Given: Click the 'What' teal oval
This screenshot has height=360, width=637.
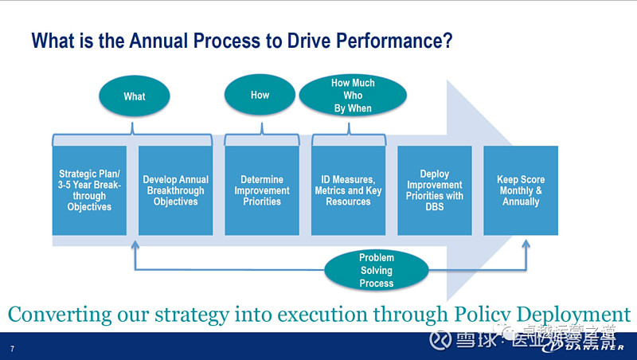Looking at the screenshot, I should coord(134,96).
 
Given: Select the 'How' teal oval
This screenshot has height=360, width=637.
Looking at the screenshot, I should coord(260,95).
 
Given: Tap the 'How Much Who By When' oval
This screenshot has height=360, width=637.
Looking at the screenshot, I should coord(352,96).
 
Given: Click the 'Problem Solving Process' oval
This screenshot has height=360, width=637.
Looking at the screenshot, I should coord(376,270).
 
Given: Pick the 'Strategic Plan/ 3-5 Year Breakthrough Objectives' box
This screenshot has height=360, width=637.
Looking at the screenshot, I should coord(89,190).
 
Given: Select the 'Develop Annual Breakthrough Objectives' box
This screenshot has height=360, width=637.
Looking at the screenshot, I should coord(175,190).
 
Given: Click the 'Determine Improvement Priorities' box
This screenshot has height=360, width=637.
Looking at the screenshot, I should coord(262,190).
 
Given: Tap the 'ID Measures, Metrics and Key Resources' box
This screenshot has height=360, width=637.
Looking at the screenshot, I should coord(348,190).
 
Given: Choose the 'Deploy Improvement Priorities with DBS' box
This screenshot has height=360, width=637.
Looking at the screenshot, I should coord(434,190).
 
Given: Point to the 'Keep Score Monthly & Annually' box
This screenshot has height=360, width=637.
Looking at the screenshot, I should coord(521,190).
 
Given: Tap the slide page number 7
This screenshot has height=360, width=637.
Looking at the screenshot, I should coord(12,349).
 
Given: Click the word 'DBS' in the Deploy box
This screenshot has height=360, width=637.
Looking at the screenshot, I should coord(434,207).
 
